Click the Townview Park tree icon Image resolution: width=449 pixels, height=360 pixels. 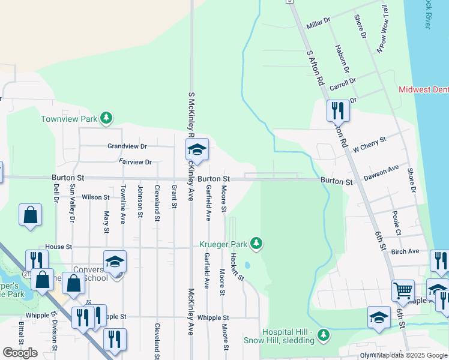tap(106, 118)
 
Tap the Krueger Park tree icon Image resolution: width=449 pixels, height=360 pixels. tap(256, 243)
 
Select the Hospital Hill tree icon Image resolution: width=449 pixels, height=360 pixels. tap(324, 334)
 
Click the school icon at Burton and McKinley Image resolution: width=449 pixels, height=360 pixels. tap(196, 150)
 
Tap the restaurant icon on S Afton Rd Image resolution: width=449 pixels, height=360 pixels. tap(337, 110)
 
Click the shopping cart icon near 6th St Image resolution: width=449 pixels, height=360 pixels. tap(403, 291)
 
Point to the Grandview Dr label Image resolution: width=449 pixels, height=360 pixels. tap(127, 146)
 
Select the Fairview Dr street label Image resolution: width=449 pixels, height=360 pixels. tap(135, 162)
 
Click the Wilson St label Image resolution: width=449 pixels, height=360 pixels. tap(96, 197)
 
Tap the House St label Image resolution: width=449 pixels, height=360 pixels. tap(58, 247)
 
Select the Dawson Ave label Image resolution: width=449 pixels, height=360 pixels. tap(381, 173)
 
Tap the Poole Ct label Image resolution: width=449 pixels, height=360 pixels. tap(396, 223)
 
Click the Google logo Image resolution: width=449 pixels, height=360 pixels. tap(20, 353)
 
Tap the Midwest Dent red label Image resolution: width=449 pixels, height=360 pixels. tap(424, 90)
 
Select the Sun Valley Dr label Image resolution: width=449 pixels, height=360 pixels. tap(72, 203)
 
